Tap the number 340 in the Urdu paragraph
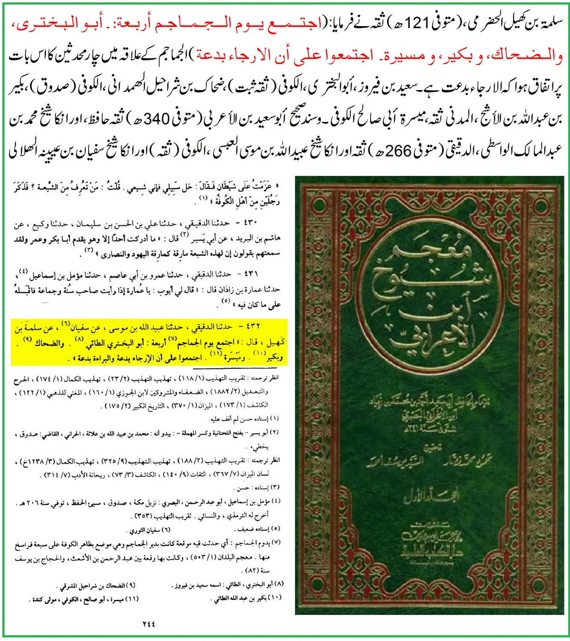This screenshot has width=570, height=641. pyautogui.click(x=157, y=118)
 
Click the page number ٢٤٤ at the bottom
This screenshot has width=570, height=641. pyautogui.click(x=148, y=624)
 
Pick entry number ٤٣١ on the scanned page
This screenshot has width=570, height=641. pyautogui.click(x=251, y=274)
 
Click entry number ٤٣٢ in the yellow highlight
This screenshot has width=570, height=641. pyautogui.click(x=253, y=327)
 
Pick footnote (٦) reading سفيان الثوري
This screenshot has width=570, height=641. pyautogui.click(x=166, y=530)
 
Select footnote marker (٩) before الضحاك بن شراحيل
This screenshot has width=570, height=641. pyautogui.click(x=131, y=585)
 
